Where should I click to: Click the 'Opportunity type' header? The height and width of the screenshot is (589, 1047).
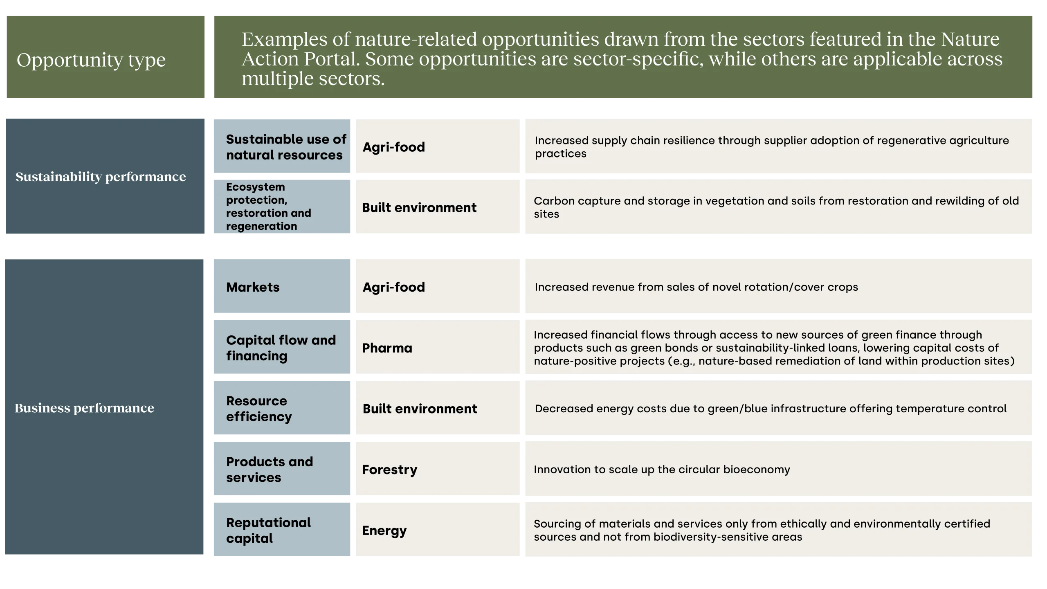91,60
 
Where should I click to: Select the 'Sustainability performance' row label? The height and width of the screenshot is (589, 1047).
101,177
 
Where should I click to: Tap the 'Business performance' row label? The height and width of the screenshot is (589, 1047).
84,408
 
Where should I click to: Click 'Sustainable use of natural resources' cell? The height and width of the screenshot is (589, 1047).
286,147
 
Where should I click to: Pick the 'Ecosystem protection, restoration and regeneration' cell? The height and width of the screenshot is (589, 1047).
268,206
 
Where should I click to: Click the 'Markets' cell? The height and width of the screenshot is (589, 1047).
253,287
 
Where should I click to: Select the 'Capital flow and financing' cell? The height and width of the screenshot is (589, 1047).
281,348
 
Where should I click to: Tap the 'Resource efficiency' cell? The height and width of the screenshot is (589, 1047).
259,408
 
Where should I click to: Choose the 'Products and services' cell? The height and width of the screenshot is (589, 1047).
270,469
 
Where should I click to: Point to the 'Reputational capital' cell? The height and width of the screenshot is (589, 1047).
268,530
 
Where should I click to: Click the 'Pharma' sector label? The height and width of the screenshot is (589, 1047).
387,348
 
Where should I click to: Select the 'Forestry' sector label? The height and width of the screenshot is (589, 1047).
389,470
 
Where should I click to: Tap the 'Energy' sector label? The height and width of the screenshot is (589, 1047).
384,531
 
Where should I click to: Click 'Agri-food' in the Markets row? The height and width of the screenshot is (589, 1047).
393,287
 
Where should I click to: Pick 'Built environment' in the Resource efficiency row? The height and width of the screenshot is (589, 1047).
420,409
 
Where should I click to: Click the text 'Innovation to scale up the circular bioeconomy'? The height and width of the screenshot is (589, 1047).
662,469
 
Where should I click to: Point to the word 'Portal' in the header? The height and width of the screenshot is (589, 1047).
331,59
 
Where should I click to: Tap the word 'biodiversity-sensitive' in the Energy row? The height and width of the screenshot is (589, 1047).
709,537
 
